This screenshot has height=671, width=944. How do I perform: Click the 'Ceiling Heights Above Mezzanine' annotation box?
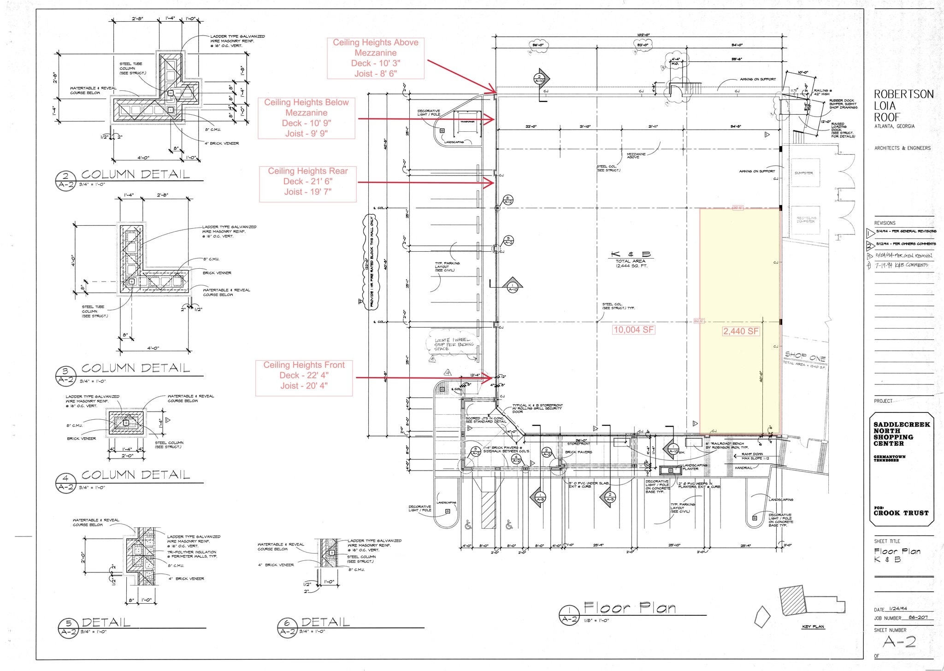click(x=376, y=58)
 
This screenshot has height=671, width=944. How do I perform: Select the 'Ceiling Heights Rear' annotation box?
click(x=307, y=182)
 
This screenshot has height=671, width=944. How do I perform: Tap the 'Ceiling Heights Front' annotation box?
click(x=304, y=376)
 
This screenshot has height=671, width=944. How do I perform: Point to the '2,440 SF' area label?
click(x=741, y=331)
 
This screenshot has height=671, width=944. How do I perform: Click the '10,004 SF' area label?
click(x=633, y=330)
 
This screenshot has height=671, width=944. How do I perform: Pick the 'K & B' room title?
click(x=631, y=254)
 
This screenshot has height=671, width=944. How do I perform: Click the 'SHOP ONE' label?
click(x=805, y=356)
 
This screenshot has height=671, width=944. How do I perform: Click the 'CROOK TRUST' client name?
click(x=901, y=513)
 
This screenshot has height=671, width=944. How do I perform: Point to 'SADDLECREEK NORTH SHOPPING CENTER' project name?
click(x=901, y=434)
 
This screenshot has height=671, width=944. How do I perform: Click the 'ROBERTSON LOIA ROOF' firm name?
click(x=903, y=106)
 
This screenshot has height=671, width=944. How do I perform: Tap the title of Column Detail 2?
click(x=136, y=174)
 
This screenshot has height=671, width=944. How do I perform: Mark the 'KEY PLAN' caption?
click(x=813, y=627)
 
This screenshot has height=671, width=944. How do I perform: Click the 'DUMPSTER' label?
click(x=804, y=173)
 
